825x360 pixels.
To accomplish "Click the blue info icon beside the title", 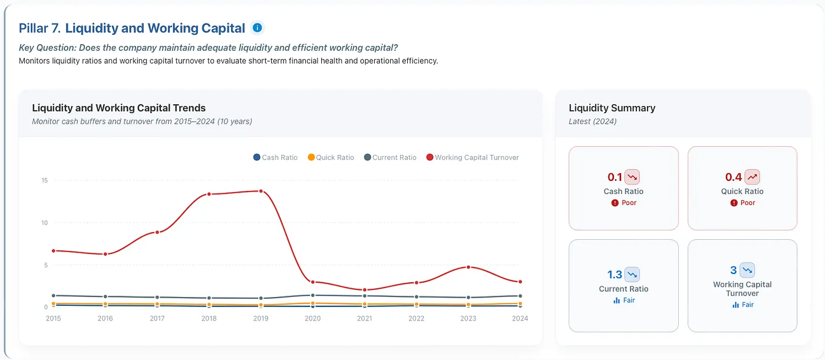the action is tap(257, 28).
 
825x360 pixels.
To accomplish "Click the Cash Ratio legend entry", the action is tap(276, 157).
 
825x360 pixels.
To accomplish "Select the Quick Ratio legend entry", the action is tap(331, 157).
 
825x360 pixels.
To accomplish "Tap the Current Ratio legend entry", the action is tap(390, 157).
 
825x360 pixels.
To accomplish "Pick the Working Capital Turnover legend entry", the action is tap(473, 157).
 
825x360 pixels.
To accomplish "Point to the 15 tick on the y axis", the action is tap(45, 180).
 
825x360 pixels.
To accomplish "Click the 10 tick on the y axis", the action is tap(44, 223).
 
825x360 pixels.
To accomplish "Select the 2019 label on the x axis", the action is tap(260, 318).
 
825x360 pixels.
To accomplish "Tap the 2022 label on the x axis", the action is tap(416, 318).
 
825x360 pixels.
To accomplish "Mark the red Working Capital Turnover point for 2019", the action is tap(260, 191).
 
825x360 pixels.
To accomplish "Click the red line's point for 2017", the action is tap(157, 232).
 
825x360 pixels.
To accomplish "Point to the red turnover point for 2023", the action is tap(468, 267).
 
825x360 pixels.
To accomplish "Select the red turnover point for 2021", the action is tap(365, 290).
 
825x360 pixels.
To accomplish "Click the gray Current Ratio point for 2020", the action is tap(313, 295).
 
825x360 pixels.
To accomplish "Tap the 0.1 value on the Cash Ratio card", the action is tap(615, 177).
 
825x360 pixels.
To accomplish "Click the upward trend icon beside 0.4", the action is tap(752, 177).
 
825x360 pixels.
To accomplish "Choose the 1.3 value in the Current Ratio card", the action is tap(614, 275).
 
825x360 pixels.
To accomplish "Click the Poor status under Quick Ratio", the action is tap(742, 203).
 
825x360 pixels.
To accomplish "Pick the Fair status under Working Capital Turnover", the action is tap(742, 305).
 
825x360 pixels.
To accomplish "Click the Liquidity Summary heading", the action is tap(612, 108).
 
